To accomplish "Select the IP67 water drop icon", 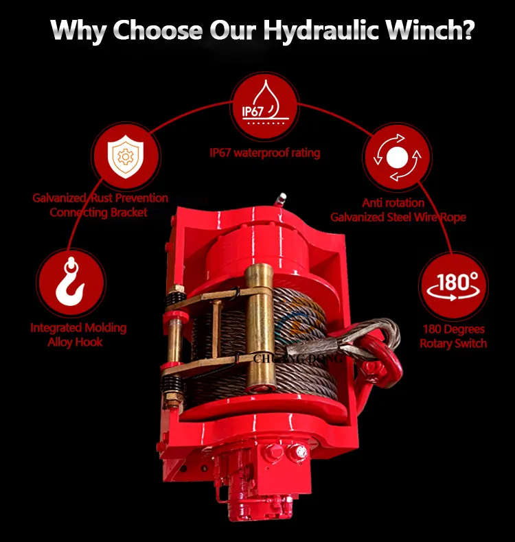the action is click(x=265, y=102).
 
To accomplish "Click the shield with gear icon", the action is click(x=126, y=156).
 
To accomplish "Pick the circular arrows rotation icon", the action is click(x=398, y=157).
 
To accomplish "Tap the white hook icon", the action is click(x=71, y=281).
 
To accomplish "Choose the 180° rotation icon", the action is click(x=453, y=286).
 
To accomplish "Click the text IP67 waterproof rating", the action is click(x=264, y=153).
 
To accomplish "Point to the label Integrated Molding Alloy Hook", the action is click(x=78, y=335).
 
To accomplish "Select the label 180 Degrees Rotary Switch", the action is click(x=453, y=336).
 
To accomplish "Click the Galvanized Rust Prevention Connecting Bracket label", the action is click(x=100, y=205).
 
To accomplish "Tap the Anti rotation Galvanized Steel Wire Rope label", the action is click(x=398, y=210).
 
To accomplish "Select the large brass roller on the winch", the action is click(x=260, y=327).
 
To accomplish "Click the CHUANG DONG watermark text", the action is click(x=298, y=359).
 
